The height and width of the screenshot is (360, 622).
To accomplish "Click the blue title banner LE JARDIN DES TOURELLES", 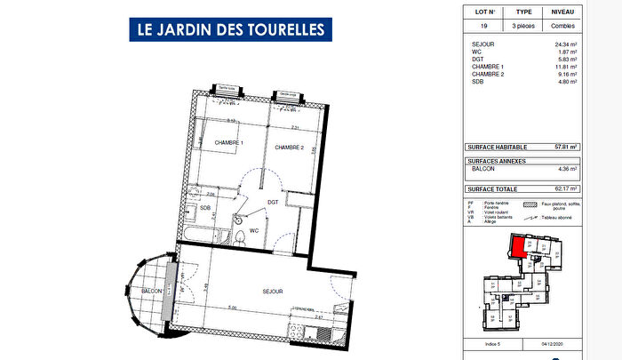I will (230, 28).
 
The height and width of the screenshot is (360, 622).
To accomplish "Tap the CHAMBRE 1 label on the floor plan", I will (227, 143).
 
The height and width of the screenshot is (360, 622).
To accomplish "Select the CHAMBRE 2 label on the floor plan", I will (289, 147).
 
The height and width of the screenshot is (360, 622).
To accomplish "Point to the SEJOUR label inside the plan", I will (272, 291).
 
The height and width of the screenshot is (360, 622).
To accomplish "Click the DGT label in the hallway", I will (274, 202).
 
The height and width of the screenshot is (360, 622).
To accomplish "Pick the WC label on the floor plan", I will (253, 230).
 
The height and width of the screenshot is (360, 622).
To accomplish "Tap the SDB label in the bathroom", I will (205, 208).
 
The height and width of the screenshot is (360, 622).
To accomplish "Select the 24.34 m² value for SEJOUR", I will (565, 43).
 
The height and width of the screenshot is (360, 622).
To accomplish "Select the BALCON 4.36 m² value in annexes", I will (567, 168).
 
